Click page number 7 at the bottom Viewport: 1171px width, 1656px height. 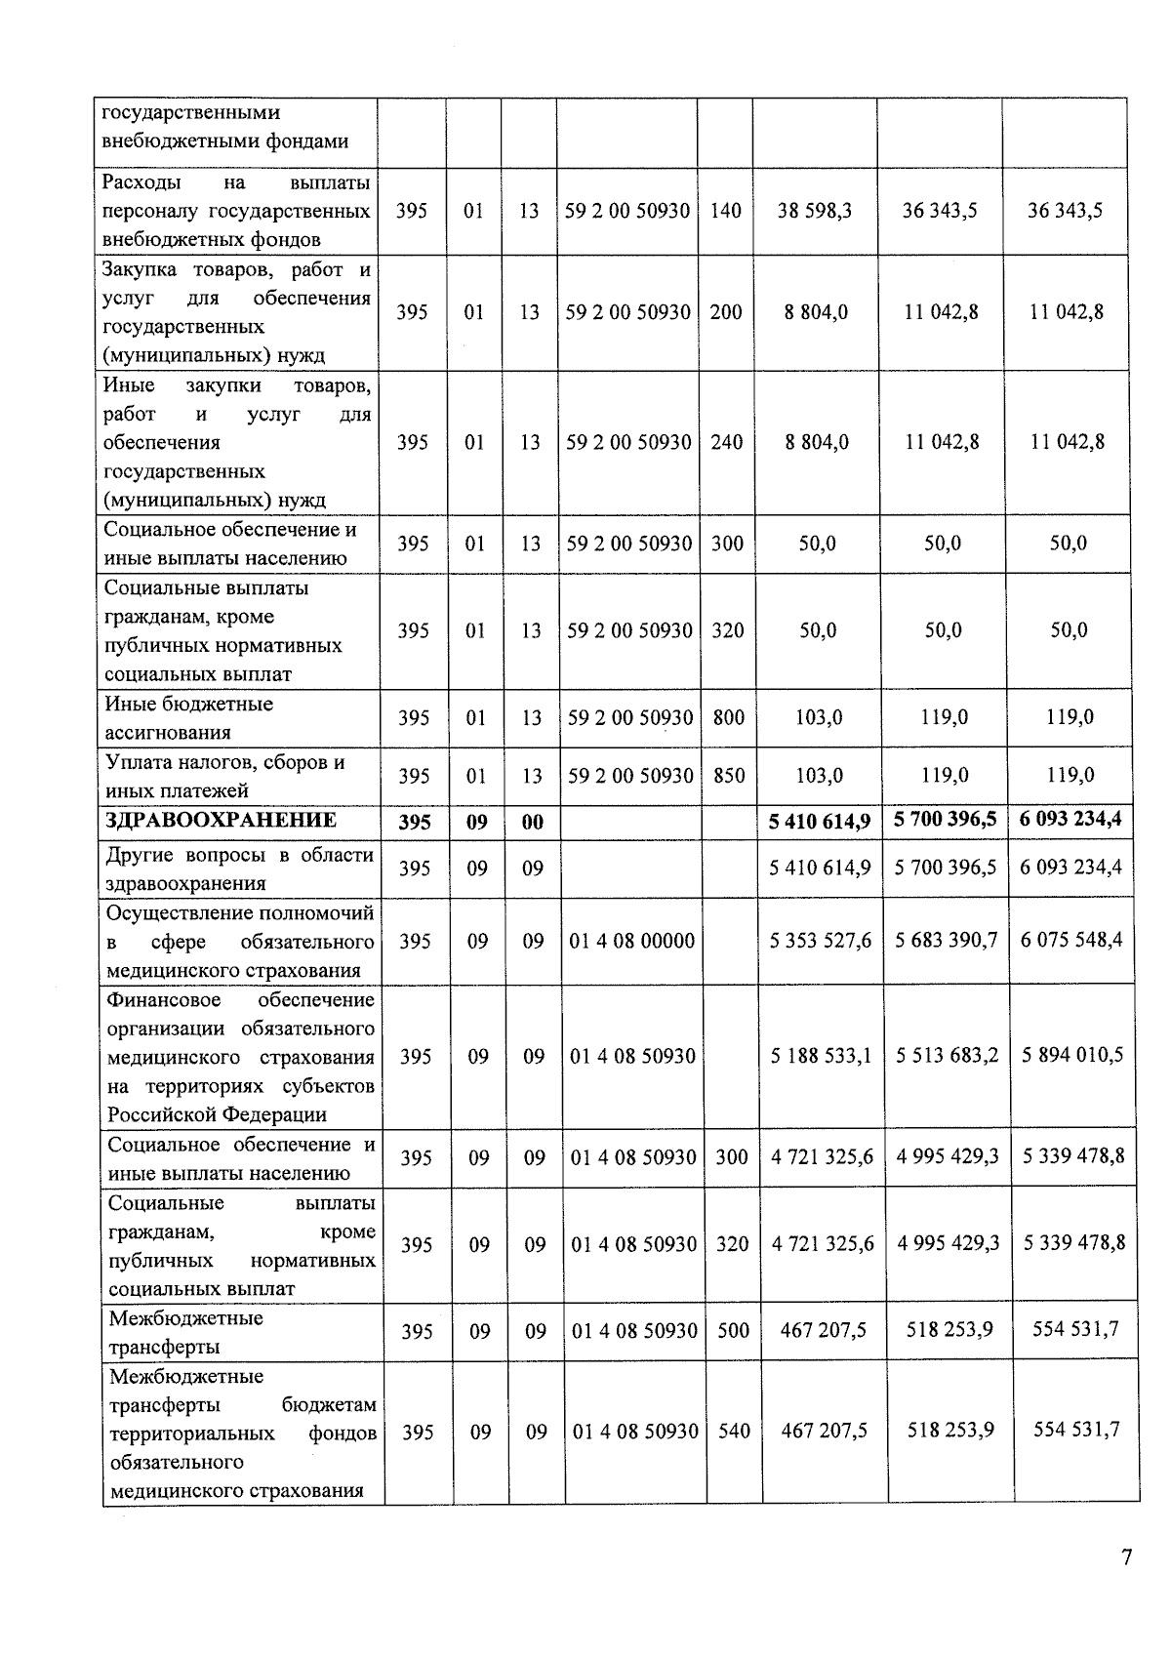coord(1126,1556)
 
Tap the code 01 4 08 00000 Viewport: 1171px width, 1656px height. coord(632,941)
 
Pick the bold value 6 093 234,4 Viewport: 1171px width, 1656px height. coord(1070,819)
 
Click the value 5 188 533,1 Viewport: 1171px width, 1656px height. coord(821,1055)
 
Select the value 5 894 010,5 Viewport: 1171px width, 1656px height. coord(1072,1055)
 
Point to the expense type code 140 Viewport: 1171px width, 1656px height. coord(725,211)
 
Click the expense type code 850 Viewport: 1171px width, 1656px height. coord(728,776)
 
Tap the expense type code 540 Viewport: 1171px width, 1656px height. coord(734,1432)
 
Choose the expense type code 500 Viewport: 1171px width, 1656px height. coord(733,1330)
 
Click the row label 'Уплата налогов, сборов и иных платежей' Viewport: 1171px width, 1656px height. coord(224,777)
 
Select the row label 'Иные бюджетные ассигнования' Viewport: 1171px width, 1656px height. coord(188,718)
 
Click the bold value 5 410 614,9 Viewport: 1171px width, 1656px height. coord(820,821)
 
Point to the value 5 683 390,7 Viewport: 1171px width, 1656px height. coord(947,941)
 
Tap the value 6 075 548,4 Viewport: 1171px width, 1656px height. coord(1071,940)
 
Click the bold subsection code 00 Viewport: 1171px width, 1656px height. coord(532,822)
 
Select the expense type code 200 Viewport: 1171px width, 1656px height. coord(725,312)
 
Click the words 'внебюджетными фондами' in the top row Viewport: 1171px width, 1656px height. coord(224,141)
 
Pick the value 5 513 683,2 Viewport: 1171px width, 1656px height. coord(947,1055)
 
